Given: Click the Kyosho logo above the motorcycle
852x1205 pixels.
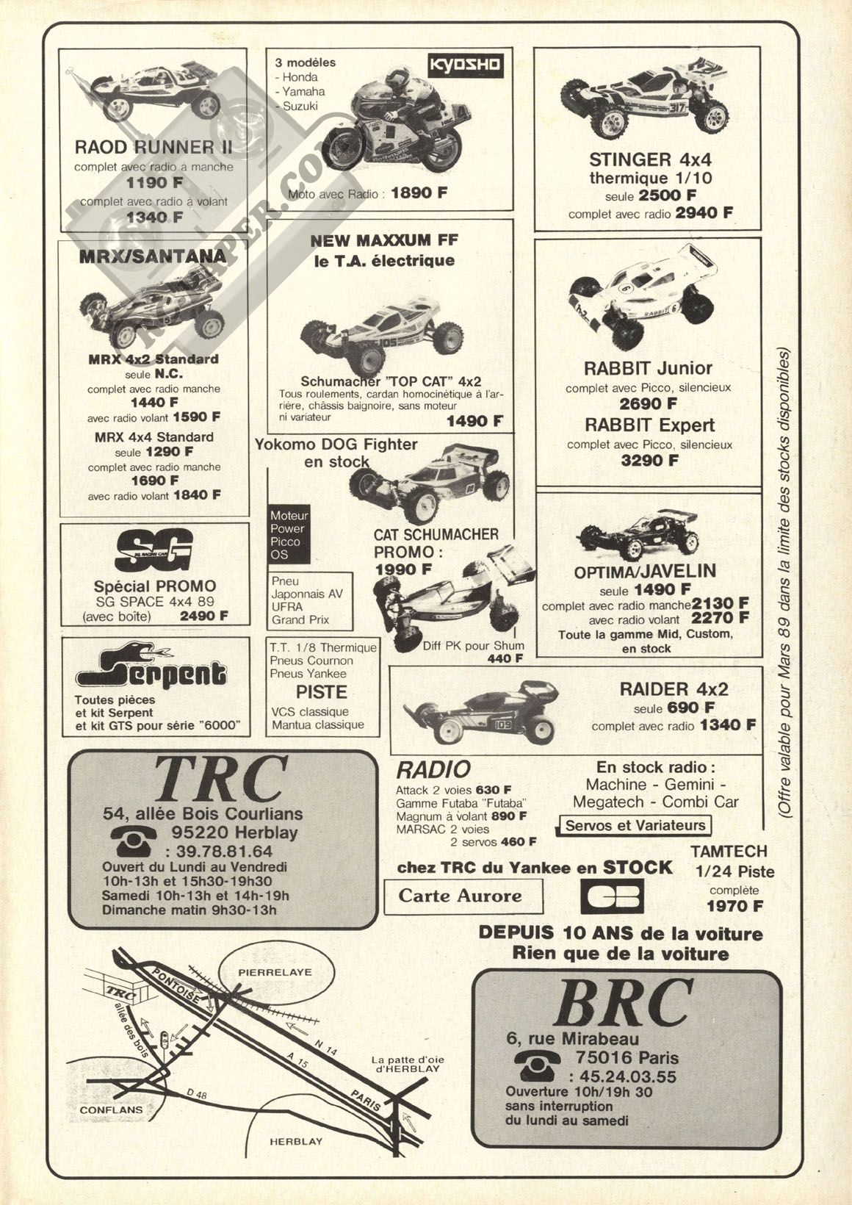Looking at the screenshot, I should pos(465,65).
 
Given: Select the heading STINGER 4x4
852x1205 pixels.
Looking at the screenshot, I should pos(650,159).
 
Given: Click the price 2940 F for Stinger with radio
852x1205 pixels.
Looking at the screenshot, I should pos(704,213).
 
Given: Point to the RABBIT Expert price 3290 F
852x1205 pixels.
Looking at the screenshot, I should pos(649,461).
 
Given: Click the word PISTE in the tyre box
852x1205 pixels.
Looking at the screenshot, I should pos(321,692).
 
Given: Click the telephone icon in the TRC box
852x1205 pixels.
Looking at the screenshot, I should pos(133,835).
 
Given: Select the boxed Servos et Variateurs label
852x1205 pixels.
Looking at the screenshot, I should pos(635,825).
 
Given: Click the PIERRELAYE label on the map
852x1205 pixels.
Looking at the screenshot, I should pos(264,971).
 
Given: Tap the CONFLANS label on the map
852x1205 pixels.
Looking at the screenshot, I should pos(111,1109).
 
